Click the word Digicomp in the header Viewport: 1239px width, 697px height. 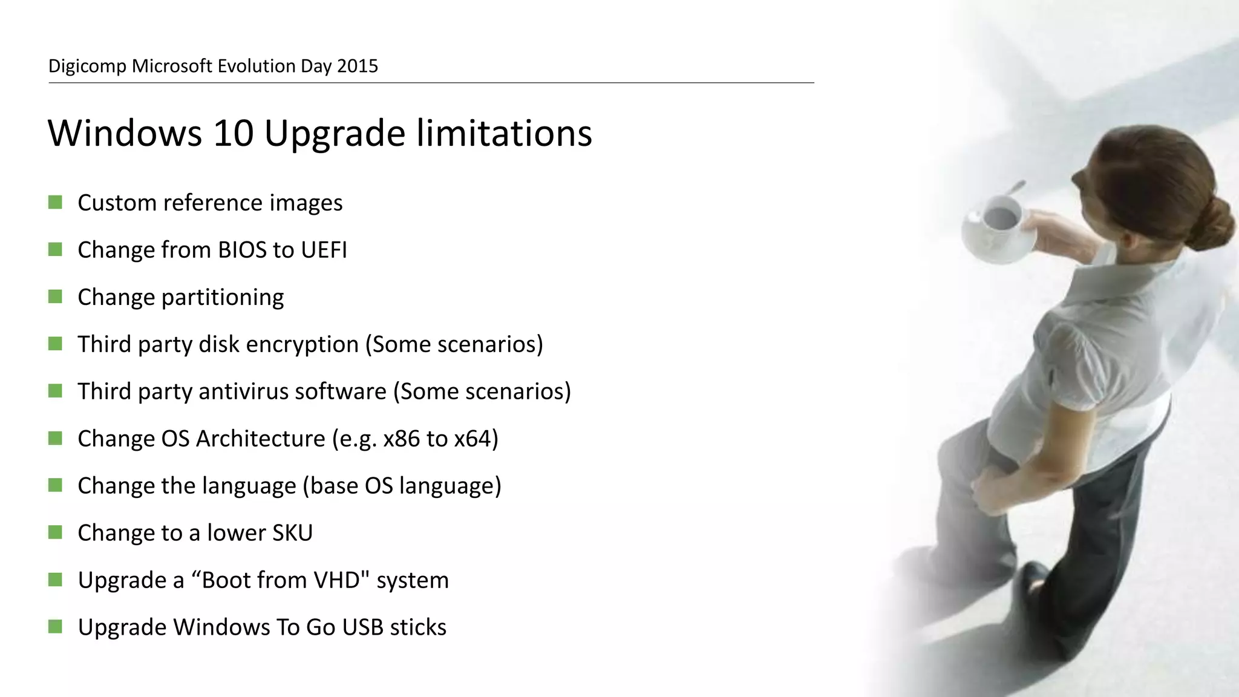click(87, 66)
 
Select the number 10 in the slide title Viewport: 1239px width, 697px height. click(233, 133)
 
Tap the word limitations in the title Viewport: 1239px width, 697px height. click(505, 133)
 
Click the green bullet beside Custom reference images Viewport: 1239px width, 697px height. click(55, 202)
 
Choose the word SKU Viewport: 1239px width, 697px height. click(293, 533)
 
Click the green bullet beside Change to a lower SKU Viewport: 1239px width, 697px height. click(55, 532)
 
